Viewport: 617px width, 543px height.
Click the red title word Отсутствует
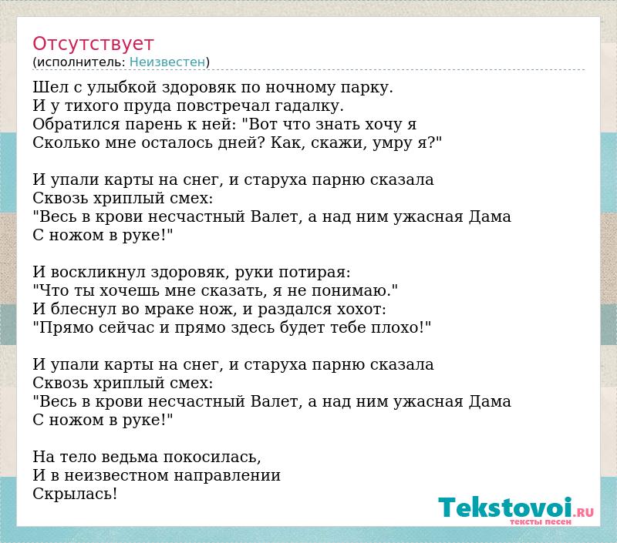point(93,44)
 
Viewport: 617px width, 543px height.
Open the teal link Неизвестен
point(167,62)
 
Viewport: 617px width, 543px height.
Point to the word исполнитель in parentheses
point(81,62)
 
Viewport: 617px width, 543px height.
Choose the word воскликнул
point(99,272)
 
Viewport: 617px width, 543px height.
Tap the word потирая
point(315,273)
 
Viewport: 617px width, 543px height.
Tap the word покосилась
point(211,458)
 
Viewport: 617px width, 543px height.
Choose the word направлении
point(227,476)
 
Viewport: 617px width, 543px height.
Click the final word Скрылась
point(75,494)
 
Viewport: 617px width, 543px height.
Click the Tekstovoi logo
point(516,510)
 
